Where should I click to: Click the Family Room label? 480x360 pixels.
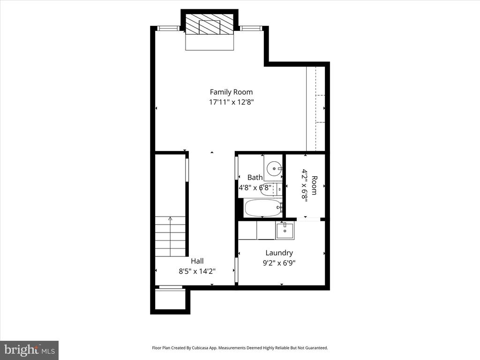click(x=231, y=92)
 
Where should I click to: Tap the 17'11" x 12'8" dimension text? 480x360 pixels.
click(x=232, y=102)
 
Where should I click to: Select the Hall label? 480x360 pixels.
click(x=197, y=261)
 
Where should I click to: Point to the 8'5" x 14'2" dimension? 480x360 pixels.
click(x=197, y=271)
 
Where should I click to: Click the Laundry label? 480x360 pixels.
click(x=279, y=253)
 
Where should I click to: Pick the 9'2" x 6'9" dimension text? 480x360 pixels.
click(x=279, y=263)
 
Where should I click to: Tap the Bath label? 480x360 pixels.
click(x=255, y=177)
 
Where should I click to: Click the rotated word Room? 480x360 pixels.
click(x=315, y=185)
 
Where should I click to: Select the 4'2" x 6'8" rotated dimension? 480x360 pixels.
click(x=305, y=185)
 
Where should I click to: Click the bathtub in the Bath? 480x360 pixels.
click(x=263, y=208)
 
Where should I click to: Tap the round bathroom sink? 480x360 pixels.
click(x=273, y=168)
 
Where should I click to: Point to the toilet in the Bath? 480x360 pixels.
click(x=271, y=190)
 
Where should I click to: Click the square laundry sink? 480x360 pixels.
click(x=285, y=231)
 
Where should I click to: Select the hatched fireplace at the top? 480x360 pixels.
click(x=210, y=24)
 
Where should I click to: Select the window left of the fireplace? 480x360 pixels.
click(x=168, y=28)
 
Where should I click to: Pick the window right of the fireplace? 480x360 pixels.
click(x=251, y=28)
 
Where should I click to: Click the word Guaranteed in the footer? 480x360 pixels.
click(x=317, y=348)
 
